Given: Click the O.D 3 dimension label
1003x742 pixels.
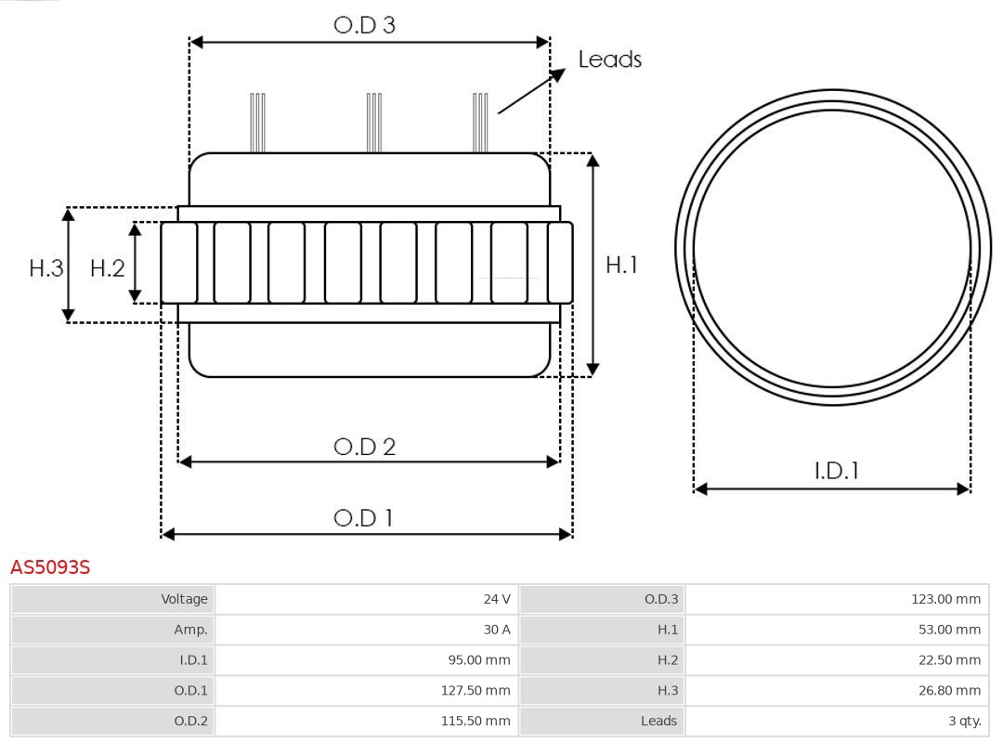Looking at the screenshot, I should (364, 25).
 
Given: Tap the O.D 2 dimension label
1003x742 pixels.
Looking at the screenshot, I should (364, 447).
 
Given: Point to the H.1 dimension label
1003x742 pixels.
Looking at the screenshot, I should (621, 265).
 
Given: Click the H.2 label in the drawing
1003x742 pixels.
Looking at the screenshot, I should (107, 268).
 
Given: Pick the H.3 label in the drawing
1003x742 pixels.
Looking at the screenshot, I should (46, 268).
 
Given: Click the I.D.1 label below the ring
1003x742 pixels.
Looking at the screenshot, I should (836, 471).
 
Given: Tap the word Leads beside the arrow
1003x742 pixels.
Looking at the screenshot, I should (609, 59).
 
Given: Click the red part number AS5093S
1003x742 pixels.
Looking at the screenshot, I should (50, 566).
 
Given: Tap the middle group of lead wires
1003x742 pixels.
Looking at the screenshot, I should (374, 122).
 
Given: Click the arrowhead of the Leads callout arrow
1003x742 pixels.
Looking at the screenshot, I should (559, 73).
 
